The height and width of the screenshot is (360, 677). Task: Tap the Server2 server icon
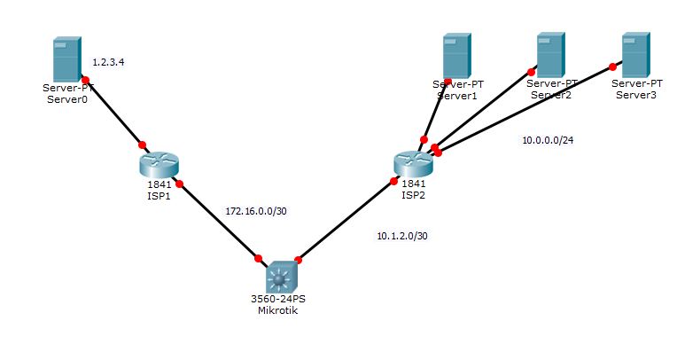click(x=549, y=54)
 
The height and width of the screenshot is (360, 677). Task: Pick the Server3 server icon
click(x=634, y=54)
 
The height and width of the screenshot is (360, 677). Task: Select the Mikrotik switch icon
click(x=280, y=278)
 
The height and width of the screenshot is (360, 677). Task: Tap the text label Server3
click(x=635, y=94)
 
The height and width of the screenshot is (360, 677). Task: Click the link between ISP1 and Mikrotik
click(x=219, y=222)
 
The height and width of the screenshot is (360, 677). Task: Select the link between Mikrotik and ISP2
click(x=346, y=221)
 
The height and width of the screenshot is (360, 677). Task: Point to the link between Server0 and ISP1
click(x=113, y=112)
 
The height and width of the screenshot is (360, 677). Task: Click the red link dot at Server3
click(x=612, y=66)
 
